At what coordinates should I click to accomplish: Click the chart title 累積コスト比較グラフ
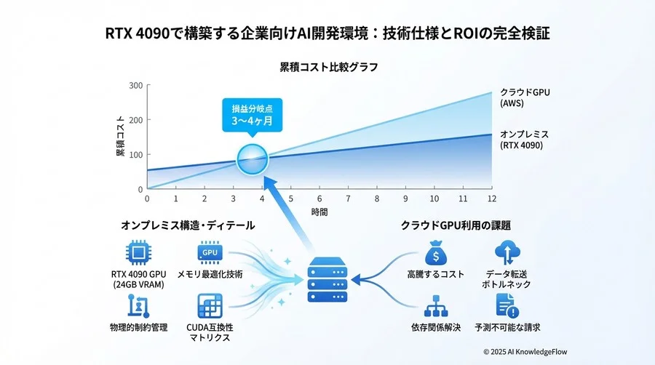coord(328,67)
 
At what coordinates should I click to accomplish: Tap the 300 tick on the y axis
coord(136,86)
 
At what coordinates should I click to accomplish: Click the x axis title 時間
coord(319,212)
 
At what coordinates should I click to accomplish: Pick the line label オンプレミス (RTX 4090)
coord(524,140)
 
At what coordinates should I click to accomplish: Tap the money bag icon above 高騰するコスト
coord(434,253)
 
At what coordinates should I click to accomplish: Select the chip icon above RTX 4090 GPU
coord(138,254)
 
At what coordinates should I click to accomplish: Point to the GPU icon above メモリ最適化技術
coord(209,253)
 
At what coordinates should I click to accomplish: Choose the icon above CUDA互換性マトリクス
coord(209,304)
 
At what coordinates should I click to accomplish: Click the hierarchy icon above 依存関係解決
coord(434,305)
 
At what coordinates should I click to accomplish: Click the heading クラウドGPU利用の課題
coord(456,225)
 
